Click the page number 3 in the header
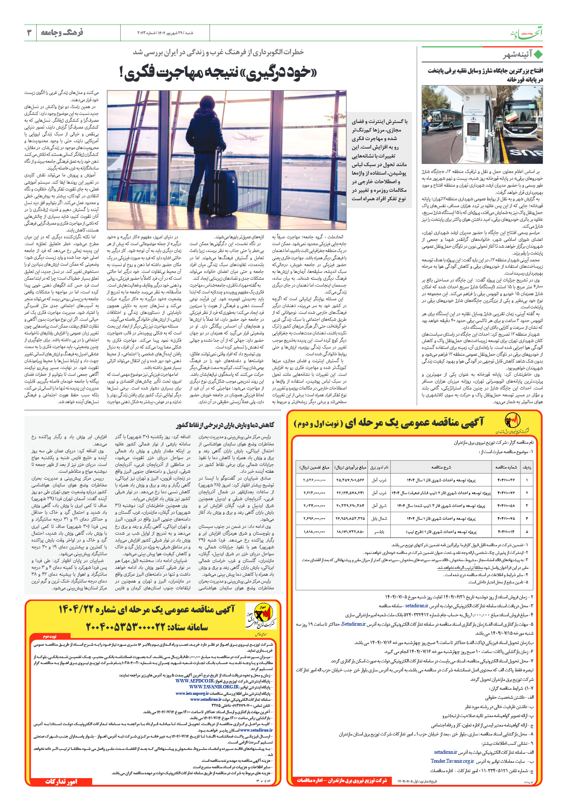click(29, 32)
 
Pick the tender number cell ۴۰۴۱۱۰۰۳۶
click(506, 480)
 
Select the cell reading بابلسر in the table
click(379, 532)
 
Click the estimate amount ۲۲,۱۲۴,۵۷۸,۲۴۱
click(350, 493)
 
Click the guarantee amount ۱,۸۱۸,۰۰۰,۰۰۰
click(314, 532)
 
